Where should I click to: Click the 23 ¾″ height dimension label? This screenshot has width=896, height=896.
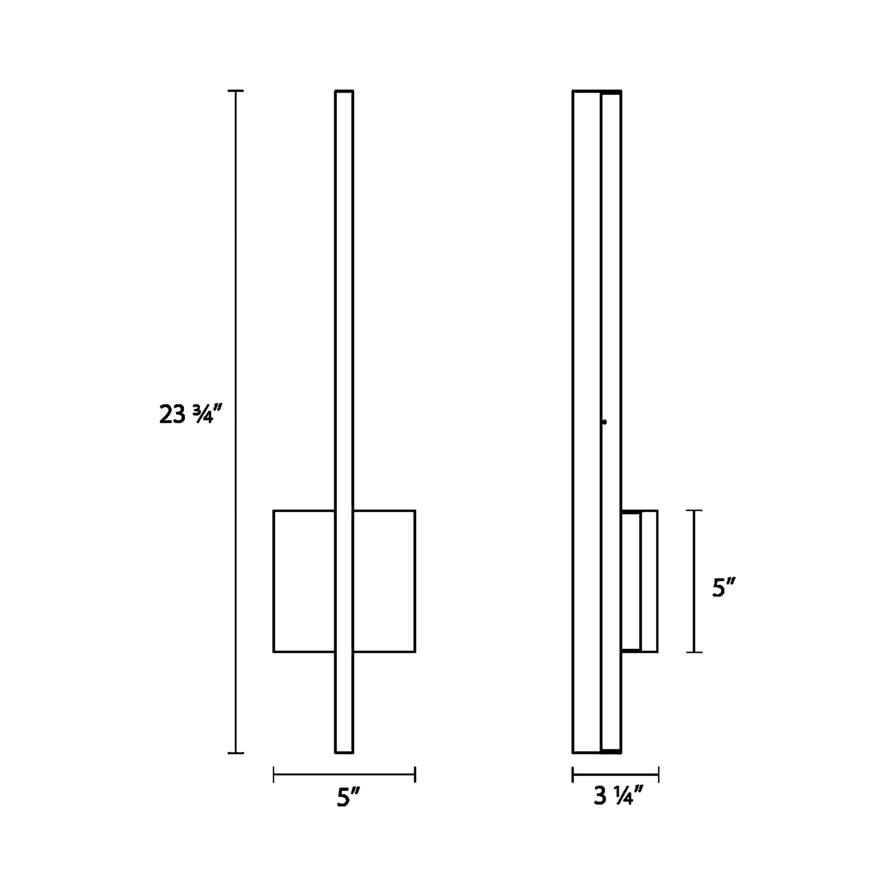[x=191, y=414]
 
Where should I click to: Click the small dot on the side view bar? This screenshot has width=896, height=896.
[x=604, y=422]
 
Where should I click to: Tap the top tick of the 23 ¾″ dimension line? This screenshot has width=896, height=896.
[x=236, y=91]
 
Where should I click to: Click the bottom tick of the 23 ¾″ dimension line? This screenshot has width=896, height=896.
[x=236, y=753]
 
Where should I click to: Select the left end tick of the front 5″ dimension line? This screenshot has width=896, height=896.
[x=273, y=774]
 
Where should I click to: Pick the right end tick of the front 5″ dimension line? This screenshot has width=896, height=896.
[x=415, y=774]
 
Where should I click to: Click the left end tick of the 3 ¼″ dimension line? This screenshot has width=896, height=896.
[x=573, y=774]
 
